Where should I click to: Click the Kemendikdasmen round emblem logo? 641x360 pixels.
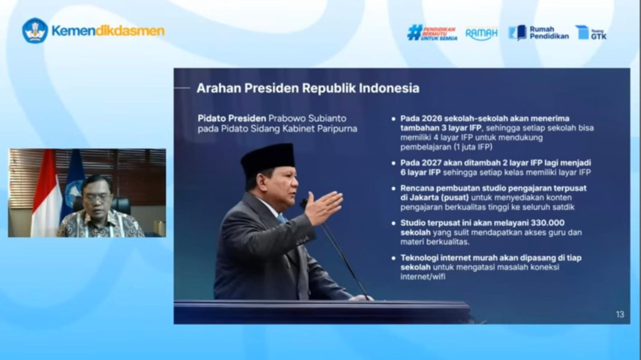[35, 31]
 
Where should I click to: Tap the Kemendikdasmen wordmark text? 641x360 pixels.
[108, 31]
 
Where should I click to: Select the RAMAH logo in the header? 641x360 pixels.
[481, 34]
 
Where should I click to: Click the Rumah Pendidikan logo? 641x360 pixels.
[538, 33]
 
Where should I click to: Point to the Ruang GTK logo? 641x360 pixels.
[591, 33]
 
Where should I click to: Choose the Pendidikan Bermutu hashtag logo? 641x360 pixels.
[431, 33]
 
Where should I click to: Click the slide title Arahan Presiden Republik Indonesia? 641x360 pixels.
[307, 88]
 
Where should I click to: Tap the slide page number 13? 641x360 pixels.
[620, 314]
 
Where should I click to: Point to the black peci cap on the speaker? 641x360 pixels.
[268, 157]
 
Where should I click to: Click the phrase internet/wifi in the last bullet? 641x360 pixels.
[423, 276]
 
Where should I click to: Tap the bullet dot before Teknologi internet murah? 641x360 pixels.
[393, 257]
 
